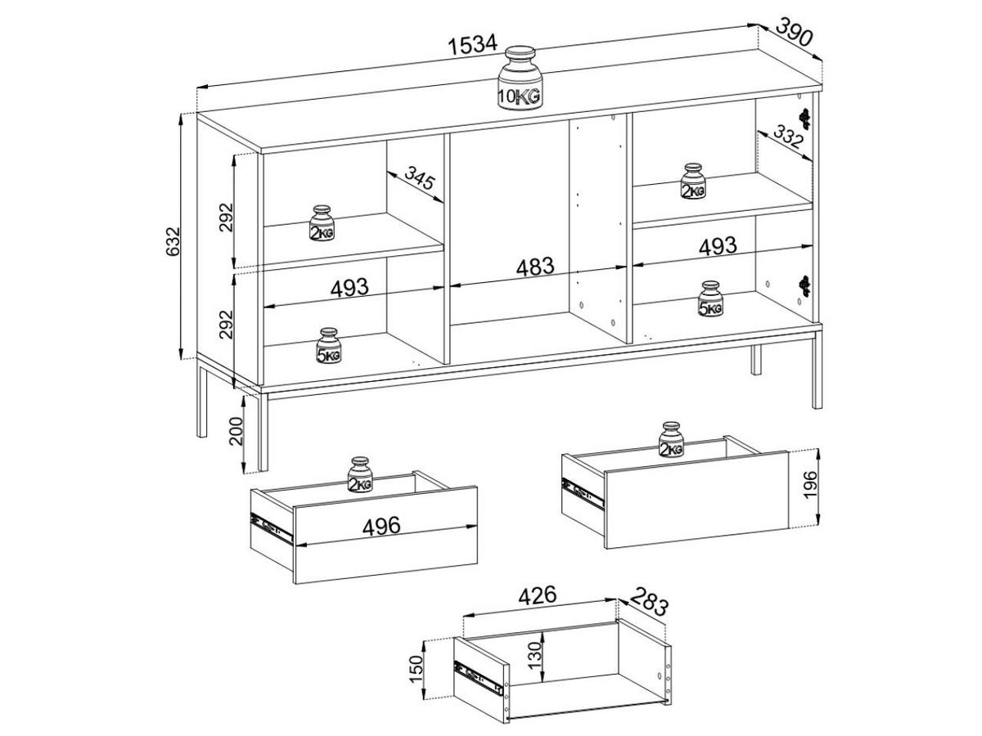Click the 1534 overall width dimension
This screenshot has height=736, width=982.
[473, 45]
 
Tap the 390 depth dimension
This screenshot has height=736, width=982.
[793, 32]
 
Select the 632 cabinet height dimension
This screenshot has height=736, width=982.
[172, 241]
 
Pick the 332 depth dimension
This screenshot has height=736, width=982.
[788, 137]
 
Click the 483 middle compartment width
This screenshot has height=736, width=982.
[535, 267]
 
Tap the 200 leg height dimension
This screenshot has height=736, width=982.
[235, 431]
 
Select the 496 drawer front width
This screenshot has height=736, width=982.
[381, 526]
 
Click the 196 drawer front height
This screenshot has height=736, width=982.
[810, 484]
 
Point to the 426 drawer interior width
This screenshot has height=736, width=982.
[538, 595]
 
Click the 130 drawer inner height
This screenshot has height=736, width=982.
[535, 655]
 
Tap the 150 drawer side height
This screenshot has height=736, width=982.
[416, 669]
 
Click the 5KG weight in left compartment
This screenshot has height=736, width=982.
[328, 346]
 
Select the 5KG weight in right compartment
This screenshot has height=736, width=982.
[710, 298]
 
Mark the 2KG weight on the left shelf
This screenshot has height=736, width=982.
[322, 223]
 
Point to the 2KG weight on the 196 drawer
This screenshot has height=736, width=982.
[671, 439]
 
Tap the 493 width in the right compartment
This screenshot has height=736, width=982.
[717, 246]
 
